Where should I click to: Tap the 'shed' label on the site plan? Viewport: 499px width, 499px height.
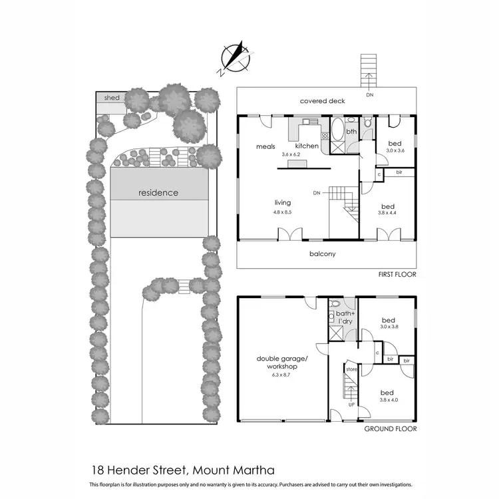pyautogui.click(x=112, y=98)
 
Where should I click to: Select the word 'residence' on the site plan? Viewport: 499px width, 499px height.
pyautogui.click(x=158, y=193)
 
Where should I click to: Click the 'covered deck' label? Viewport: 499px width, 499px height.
pyautogui.click(x=322, y=101)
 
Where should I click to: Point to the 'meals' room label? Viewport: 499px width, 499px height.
pyautogui.click(x=265, y=146)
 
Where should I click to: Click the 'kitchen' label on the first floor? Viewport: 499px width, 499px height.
pyautogui.click(x=307, y=146)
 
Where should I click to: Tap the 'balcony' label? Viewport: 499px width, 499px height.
pyautogui.click(x=322, y=253)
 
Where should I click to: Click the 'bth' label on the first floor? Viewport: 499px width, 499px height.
pyautogui.click(x=351, y=132)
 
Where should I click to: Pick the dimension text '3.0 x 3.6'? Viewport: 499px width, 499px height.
pyautogui.click(x=395, y=151)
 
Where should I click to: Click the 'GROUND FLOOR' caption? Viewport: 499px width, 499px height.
pyautogui.click(x=391, y=429)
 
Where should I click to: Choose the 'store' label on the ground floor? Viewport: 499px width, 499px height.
pyautogui.click(x=351, y=369)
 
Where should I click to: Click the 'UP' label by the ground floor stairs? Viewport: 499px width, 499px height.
pyautogui.click(x=350, y=405)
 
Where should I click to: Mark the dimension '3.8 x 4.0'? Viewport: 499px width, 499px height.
pyautogui.click(x=389, y=401)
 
